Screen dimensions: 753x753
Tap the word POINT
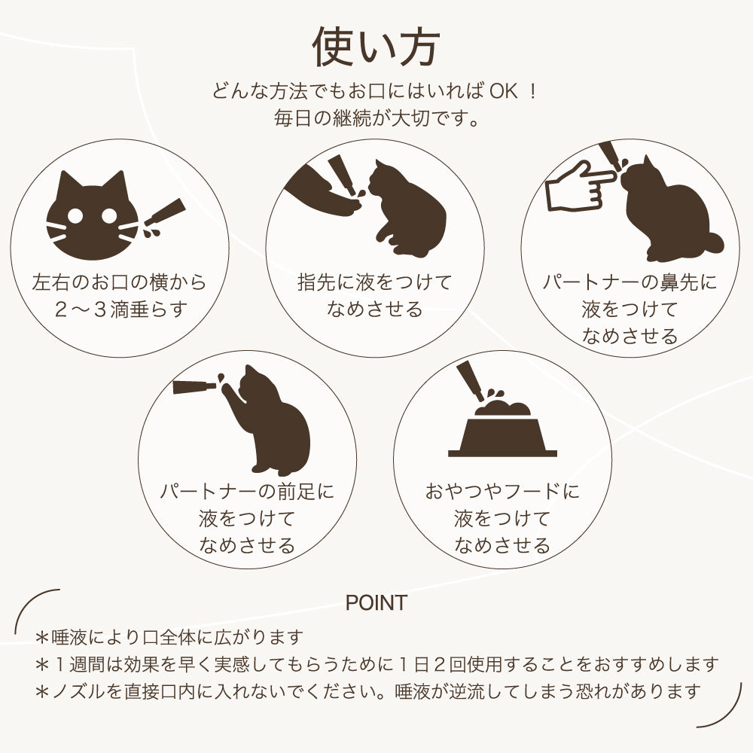pyautogui.click(x=376, y=602)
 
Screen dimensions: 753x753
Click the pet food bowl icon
pyautogui.click(x=502, y=432)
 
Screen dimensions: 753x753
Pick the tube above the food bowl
pyautogui.click(x=468, y=380)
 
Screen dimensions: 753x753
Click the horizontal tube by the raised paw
pyautogui.click(x=194, y=387)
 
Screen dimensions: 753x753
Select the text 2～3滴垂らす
pyautogui.click(x=120, y=309)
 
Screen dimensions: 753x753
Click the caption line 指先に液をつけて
pyautogui.click(x=375, y=283)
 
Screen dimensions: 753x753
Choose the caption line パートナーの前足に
pyautogui.click(x=247, y=492)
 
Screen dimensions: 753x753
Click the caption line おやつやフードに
pyautogui.click(x=502, y=492)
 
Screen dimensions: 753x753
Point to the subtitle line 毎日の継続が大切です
pyautogui.click(x=376, y=118)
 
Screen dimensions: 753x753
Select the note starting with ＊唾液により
pyautogui.click(x=169, y=638)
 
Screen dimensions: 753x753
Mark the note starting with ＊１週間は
pyautogui.click(x=376, y=664)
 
